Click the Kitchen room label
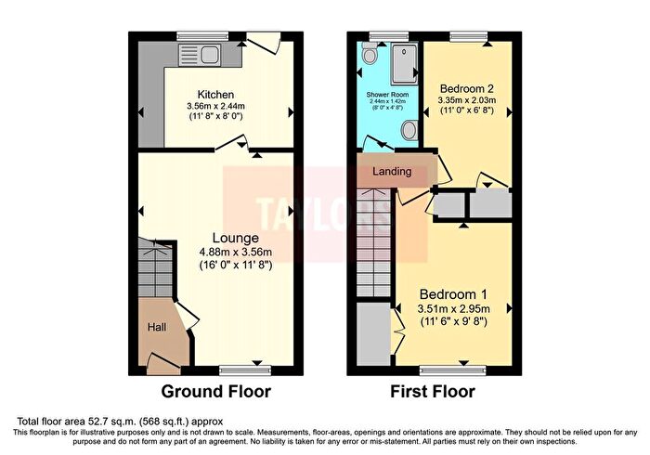click(214, 95)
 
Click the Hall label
click(157, 327)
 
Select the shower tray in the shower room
click(402, 62)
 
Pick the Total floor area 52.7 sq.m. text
click(118, 421)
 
